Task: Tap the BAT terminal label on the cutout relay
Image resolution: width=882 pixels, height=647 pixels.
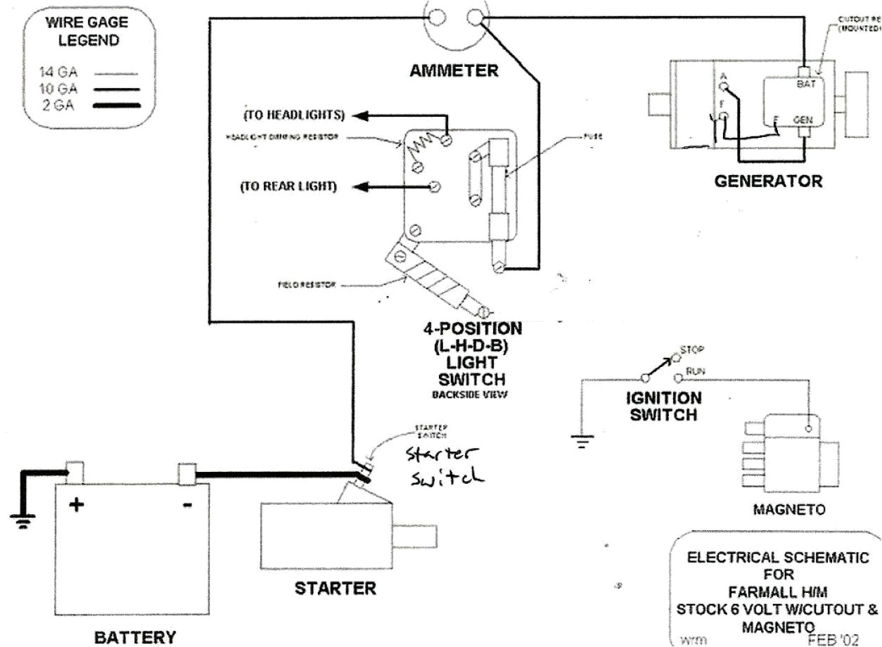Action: click(x=807, y=83)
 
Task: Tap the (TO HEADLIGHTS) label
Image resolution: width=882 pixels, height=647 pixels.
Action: click(x=294, y=115)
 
